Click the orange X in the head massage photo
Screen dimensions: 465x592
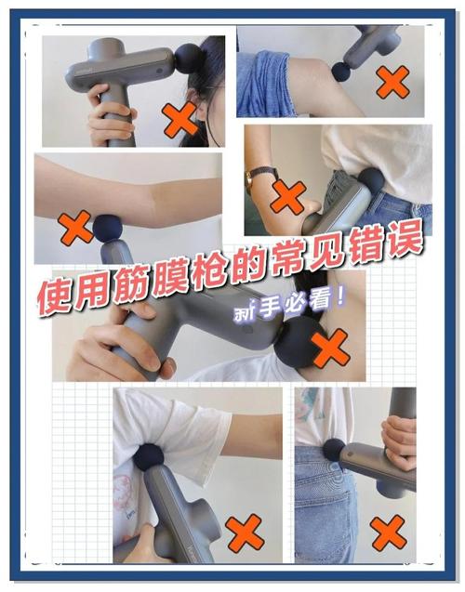click(x=180, y=119)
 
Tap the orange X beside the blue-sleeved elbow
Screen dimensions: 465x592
click(x=392, y=82)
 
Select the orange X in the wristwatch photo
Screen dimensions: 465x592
click(x=288, y=196)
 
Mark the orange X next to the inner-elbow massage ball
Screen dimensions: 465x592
click(x=76, y=228)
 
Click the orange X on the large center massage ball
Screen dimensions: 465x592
click(x=331, y=349)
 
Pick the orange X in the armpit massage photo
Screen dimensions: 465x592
click(x=245, y=532)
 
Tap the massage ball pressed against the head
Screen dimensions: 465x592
click(x=191, y=59)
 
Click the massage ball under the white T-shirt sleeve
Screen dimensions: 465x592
click(x=149, y=457)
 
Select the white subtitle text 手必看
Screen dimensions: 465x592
click(x=288, y=306)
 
